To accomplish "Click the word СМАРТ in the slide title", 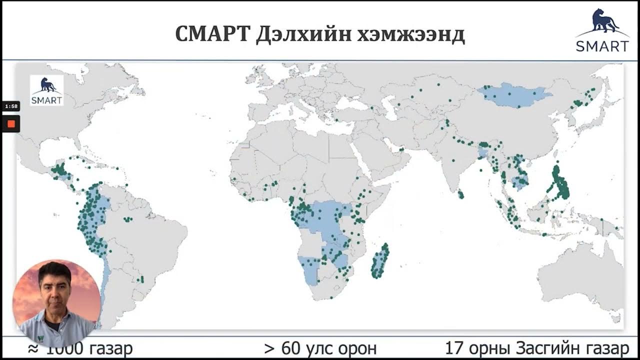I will pos(212,34).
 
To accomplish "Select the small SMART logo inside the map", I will pos(46,90).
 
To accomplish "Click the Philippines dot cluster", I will pos(560,182).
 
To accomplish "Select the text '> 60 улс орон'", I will pos(320,348).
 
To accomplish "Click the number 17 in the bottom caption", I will pos(453,348).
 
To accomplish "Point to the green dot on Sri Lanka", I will pos(460,194).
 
